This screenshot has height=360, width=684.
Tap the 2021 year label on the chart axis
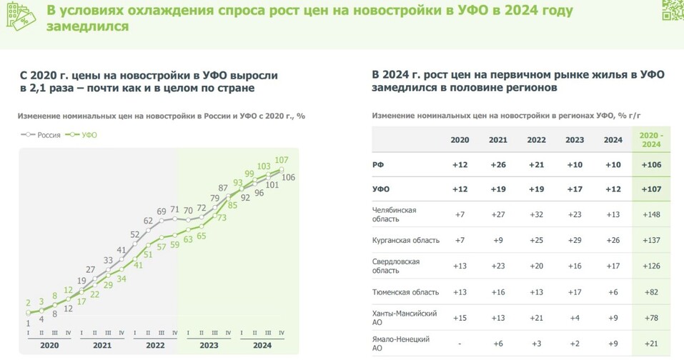pyautogui.click(x=101, y=344)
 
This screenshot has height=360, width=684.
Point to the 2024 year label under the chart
pyautogui.click(x=262, y=344)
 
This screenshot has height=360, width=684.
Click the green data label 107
pyautogui.click(x=281, y=159)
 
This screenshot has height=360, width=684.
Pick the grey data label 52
pyautogui.click(x=135, y=234)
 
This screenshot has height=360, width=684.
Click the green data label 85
pyautogui.click(x=232, y=205)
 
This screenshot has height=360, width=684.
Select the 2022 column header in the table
pyautogui.click(x=536, y=140)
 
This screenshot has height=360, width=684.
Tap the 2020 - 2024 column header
pyautogui.click(x=651, y=139)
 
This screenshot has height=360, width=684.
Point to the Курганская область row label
pyautogui.click(x=405, y=240)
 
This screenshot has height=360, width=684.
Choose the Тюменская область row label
pyautogui.click(x=405, y=291)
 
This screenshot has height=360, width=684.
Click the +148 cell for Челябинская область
pyautogui.click(x=651, y=214)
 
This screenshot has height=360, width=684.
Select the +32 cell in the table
pyautogui.click(x=536, y=214)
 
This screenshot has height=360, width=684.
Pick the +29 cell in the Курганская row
pyautogui.click(x=575, y=240)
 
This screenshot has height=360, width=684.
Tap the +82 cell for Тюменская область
pyautogui.click(x=651, y=291)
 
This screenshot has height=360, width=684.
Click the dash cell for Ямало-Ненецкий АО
pyautogui.click(x=460, y=343)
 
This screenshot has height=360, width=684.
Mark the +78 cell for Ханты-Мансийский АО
pyautogui.click(x=651, y=317)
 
